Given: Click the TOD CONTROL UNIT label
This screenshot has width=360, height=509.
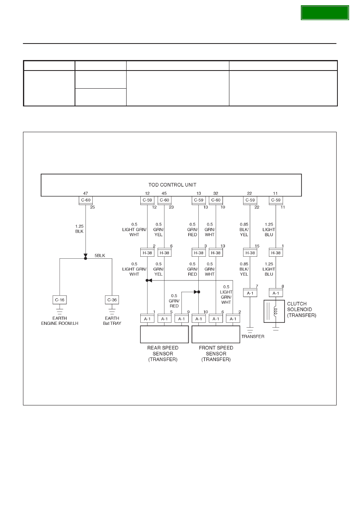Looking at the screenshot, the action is click(172, 185).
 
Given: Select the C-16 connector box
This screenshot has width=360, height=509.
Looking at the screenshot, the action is click(60, 300).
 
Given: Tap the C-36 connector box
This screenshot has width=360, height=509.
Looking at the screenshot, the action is click(112, 300).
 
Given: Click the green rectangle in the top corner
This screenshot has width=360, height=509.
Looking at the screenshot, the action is click(325, 13).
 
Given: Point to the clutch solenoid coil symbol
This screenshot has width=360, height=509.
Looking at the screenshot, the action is click(275, 311).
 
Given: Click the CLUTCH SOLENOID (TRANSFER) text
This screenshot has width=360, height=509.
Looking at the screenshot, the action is click(302, 310).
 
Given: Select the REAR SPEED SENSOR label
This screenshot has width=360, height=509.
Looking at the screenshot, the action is click(163, 353).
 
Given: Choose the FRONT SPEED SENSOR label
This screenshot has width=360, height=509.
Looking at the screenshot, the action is click(216, 353).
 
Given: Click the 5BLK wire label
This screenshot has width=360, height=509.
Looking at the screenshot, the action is click(100, 256).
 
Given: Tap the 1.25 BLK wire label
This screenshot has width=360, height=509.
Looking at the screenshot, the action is click(79, 229).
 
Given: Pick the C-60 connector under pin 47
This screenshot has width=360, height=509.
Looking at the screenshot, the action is click(86, 200).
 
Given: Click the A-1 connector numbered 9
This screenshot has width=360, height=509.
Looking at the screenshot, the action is click(181, 319).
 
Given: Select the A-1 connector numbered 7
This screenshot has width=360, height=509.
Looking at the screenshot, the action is click(250, 293).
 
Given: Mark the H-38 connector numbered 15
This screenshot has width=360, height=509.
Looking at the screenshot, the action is click(250, 253).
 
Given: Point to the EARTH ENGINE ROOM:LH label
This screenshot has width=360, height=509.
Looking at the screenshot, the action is click(60, 321).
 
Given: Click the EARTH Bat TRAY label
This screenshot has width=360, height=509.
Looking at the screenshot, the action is click(112, 321).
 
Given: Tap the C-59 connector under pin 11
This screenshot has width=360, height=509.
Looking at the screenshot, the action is click(276, 200).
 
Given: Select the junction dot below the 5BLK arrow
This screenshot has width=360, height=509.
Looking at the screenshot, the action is click(85, 258).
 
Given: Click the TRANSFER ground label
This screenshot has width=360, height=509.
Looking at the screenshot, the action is click(253, 337).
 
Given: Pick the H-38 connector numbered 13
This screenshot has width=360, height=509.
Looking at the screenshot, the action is click(216, 253).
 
